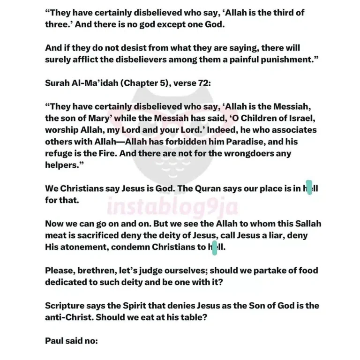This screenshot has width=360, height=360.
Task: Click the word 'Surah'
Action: [x=58, y=83]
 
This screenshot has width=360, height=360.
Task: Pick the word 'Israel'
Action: [x=299, y=118]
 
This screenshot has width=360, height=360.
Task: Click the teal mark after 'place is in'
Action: [x=309, y=187]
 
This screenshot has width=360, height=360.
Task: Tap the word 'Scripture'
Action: [x=65, y=306]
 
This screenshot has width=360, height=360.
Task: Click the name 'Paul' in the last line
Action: [x=54, y=341]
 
